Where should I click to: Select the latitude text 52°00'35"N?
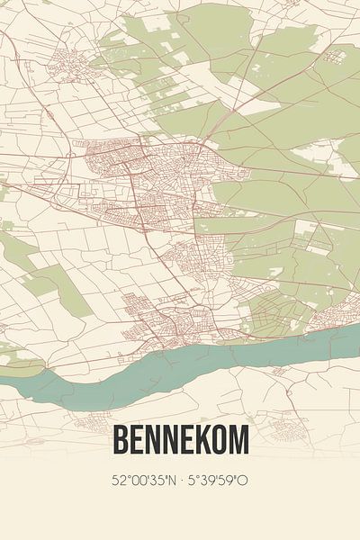pos(144,481)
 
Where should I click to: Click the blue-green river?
pos(180,369)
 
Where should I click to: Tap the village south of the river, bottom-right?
pos(292,418)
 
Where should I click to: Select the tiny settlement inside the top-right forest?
pos(334,56)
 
